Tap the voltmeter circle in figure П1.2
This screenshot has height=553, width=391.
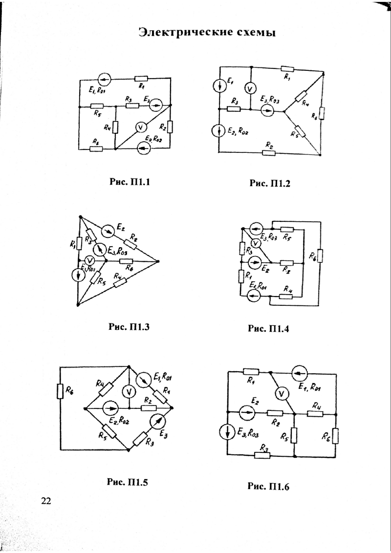tap(250, 88)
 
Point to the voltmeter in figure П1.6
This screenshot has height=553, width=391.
tap(281, 392)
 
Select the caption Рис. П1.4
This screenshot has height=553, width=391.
tap(269, 328)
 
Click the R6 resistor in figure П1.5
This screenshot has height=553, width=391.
tap(60, 391)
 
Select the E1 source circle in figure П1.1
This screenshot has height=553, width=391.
tap(104, 78)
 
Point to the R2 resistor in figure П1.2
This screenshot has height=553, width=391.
tap(268, 152)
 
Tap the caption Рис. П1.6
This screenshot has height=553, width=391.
tap(269, 486)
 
